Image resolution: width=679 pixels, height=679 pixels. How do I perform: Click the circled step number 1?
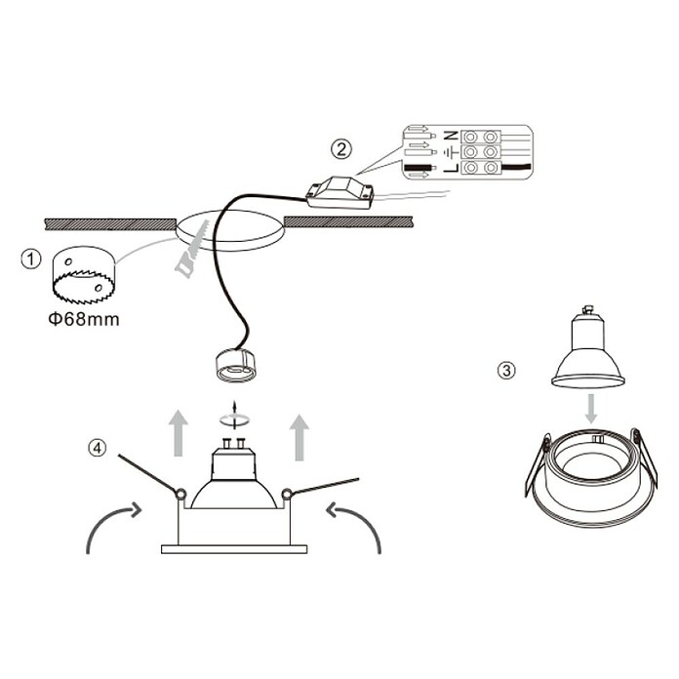click(x=31, y=259)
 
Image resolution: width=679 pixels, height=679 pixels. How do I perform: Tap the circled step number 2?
click(x=341, y=149)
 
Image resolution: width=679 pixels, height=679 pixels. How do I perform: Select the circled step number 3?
click(x=506, y=371)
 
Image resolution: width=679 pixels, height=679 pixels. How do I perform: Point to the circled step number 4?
click(x=97, y=448)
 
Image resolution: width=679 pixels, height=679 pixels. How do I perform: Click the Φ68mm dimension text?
click(x=84, y=320)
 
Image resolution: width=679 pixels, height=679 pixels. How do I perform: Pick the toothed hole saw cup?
click(x=83, y=275)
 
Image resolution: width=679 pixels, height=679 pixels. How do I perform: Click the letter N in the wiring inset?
click(x=451, y=136)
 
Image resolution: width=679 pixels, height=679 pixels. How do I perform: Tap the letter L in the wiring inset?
click(x=451, y=167)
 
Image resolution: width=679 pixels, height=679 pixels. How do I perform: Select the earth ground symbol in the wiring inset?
click(x=452, y=152)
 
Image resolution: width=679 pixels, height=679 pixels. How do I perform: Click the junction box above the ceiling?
click(x=339, y=193)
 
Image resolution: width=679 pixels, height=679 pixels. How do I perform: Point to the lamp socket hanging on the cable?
click(x=236, y=365)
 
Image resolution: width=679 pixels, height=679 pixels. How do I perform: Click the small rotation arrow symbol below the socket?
click(x=234, y=417)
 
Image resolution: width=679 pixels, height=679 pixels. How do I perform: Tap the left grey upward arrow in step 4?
click(x=178, y=433)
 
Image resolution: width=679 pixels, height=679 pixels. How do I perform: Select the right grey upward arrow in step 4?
click(x=300, y=437)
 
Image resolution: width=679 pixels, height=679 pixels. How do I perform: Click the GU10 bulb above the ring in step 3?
click(x=587, y=346)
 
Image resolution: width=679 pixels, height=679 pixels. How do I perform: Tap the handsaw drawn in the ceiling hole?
click(x=192, y=249)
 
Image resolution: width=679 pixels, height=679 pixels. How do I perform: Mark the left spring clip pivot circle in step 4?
click(x=180, y=494)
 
